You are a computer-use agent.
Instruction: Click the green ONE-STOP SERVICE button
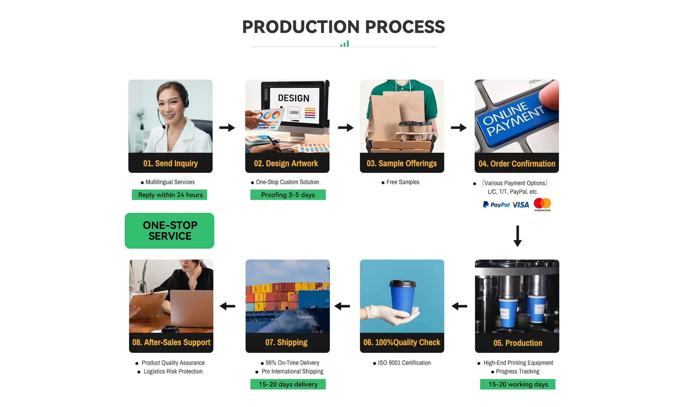click(x=169, y=231)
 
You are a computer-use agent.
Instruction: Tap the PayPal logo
click(x=496, y=205)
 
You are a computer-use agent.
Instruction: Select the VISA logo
click(x=521, y=205)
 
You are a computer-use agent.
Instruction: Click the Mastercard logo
click(x=542, y=205)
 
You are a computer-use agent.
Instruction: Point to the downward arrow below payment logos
click(x=517, y=236)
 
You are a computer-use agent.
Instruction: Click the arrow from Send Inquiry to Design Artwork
click(x=227, y=128)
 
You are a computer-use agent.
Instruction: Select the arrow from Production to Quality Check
click(x=459, y=306)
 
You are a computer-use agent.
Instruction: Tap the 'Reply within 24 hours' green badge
click(x=169, y=195)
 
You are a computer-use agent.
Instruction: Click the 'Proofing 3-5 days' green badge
click(x=288, y=195)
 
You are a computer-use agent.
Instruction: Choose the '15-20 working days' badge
click(x=518, y=384)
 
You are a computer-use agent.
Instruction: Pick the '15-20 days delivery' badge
click(x=288, y=384)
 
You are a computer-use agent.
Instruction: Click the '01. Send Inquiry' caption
click(x=171, y=163)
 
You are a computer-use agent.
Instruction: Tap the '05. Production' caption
click(x=518, y=343)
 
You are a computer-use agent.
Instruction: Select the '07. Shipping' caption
click(x=286, y=343)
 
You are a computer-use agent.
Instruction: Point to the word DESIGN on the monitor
click(x=293, y=98)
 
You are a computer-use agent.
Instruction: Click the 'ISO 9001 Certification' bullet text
click(x=404, y=363)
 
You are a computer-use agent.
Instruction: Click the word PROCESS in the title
click(x=405, y=27)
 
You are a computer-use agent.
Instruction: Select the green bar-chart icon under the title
click(x=344, y=44)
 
